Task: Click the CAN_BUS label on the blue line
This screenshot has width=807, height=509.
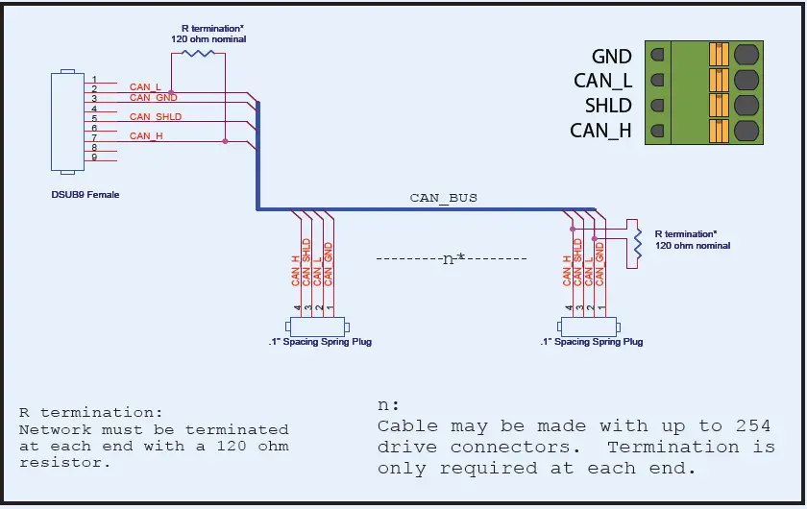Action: (443, 198)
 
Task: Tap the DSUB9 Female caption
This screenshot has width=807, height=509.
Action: (86, 195)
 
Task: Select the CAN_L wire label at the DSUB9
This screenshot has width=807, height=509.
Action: (145, 87)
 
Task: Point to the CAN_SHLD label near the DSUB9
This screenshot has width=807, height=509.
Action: (156, 117)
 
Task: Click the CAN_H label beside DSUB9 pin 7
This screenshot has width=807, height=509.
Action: (146, 136)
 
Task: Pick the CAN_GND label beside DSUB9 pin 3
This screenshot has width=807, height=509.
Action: (153, 97)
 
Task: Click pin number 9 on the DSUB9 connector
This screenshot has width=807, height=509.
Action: (94, 157)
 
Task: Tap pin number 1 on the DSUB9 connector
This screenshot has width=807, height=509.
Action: (94, 79)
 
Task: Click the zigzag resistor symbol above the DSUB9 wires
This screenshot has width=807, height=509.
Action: (199, 53)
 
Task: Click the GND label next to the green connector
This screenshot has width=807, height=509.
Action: (611, 58)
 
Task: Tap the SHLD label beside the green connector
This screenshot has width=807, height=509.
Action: (608, 106)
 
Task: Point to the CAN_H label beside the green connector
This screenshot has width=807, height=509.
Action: (600, 131)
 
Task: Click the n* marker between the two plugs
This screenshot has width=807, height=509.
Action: (452, 259)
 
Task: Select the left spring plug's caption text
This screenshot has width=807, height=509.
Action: (320, 342)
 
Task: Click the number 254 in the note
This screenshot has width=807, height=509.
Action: (751, 426)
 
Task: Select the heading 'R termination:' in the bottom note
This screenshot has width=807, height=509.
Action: (85, 412)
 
